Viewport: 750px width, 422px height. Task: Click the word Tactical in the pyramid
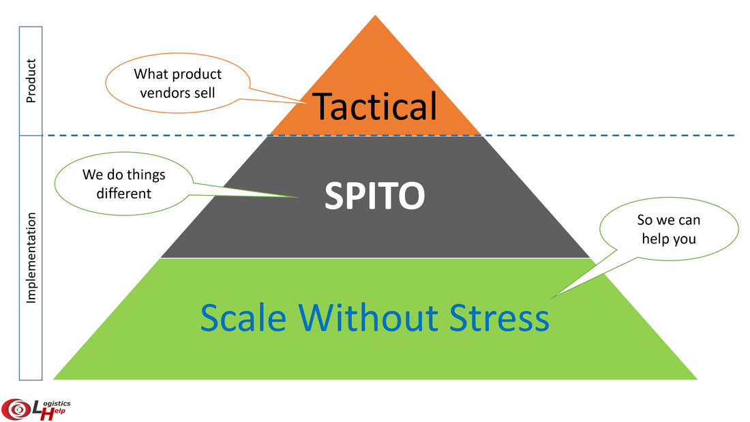click(x=374, y=106)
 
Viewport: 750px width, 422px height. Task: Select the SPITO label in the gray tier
click(x=374, y=195)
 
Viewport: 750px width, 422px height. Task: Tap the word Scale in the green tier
click(x=243, y=318)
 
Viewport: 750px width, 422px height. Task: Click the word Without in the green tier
click(x=367, y=318)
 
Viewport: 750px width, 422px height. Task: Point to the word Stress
click(x=499, y=318)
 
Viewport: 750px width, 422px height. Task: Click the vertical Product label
click(x=31, y=81)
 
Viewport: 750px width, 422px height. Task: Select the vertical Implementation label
click(x=31, y=258)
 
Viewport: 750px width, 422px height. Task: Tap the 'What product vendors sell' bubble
click(x=177, y=82)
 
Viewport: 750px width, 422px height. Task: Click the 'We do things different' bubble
click(x=124, y=183)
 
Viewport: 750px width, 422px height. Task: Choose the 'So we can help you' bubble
click(x=669, y=228)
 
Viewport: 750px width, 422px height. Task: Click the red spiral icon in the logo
click(x=17, y=409)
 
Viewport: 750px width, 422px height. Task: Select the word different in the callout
click(x=124, y=194)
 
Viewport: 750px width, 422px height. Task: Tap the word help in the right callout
click(x=655, y=239)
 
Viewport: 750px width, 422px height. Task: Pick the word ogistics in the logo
click(x=57, y=404)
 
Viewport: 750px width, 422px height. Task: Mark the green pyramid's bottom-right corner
click(x=697, y=380)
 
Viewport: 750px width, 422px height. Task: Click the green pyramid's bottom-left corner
click(x=52, y=380)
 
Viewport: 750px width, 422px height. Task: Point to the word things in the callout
click(x=147, y=175)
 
